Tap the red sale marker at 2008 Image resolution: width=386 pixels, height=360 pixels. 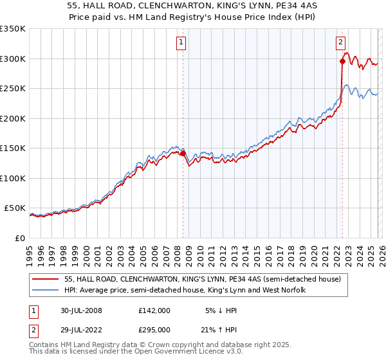183,154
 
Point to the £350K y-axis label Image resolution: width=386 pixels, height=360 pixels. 13,29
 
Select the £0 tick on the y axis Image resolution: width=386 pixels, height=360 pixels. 19,239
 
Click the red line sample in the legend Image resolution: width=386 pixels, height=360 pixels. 46,279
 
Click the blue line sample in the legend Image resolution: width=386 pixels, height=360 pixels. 46,291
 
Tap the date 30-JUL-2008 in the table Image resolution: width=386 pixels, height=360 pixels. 79,310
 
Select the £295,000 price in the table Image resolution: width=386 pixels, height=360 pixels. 154,330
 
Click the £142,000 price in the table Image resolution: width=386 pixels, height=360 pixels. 154,310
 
